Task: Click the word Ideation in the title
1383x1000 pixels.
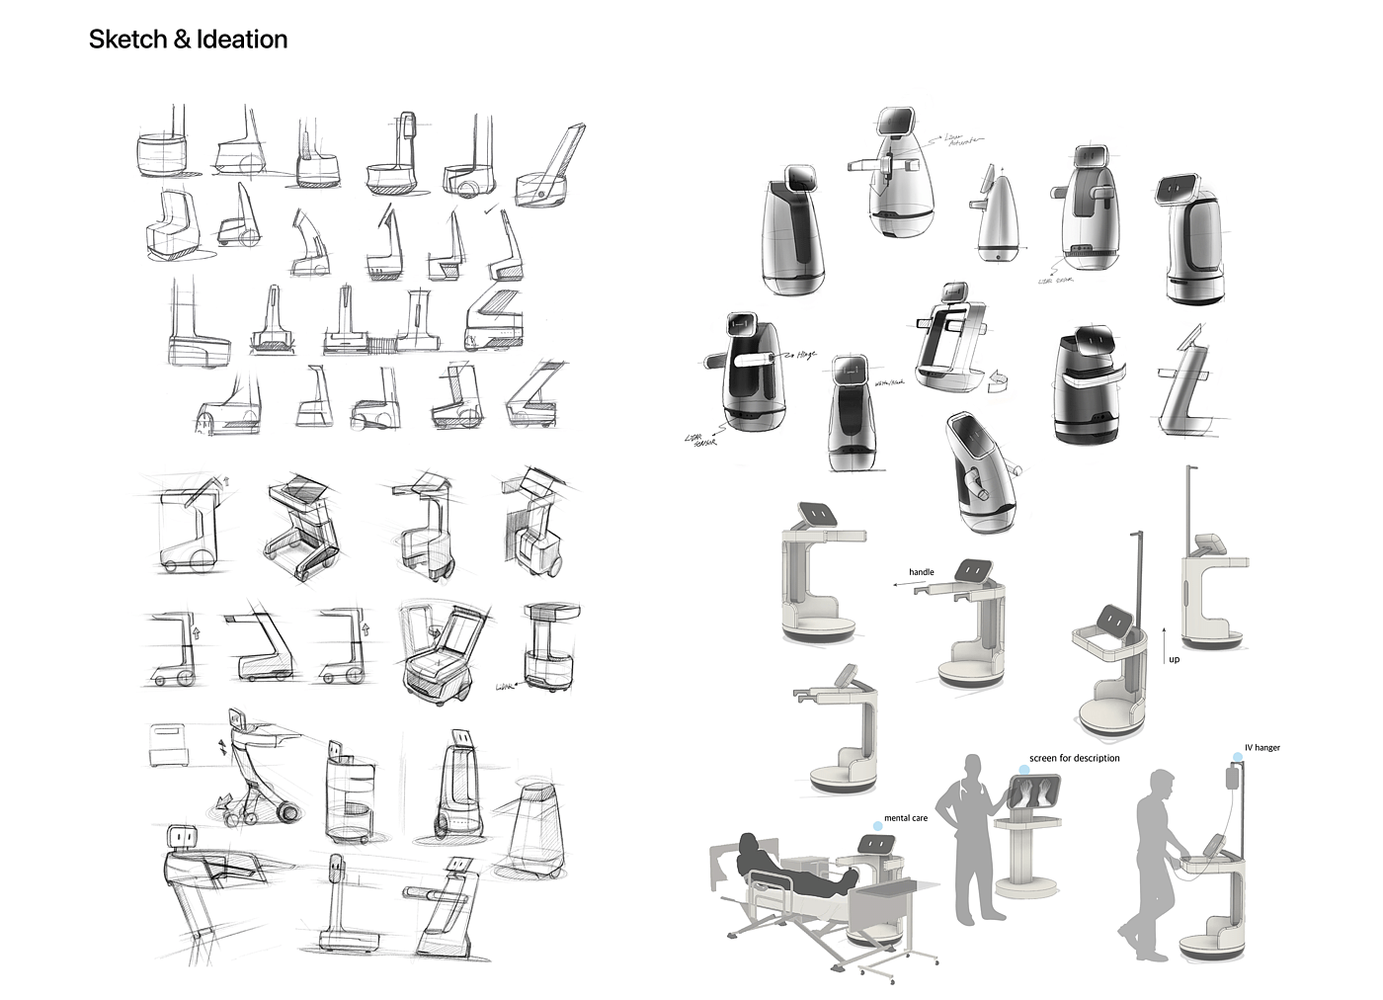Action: point(242,40)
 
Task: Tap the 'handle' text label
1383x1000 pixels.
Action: point(921,572)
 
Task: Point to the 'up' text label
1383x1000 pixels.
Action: point(1174,659)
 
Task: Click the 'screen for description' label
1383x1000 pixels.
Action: point(1074,758)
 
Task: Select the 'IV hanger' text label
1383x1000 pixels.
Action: point(1261,748)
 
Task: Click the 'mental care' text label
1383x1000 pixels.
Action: point(905,818)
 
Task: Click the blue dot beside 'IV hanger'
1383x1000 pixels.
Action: point(1237,757)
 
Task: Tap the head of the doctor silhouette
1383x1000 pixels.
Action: point(973,767)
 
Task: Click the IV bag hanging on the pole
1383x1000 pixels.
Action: point(1233,777)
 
